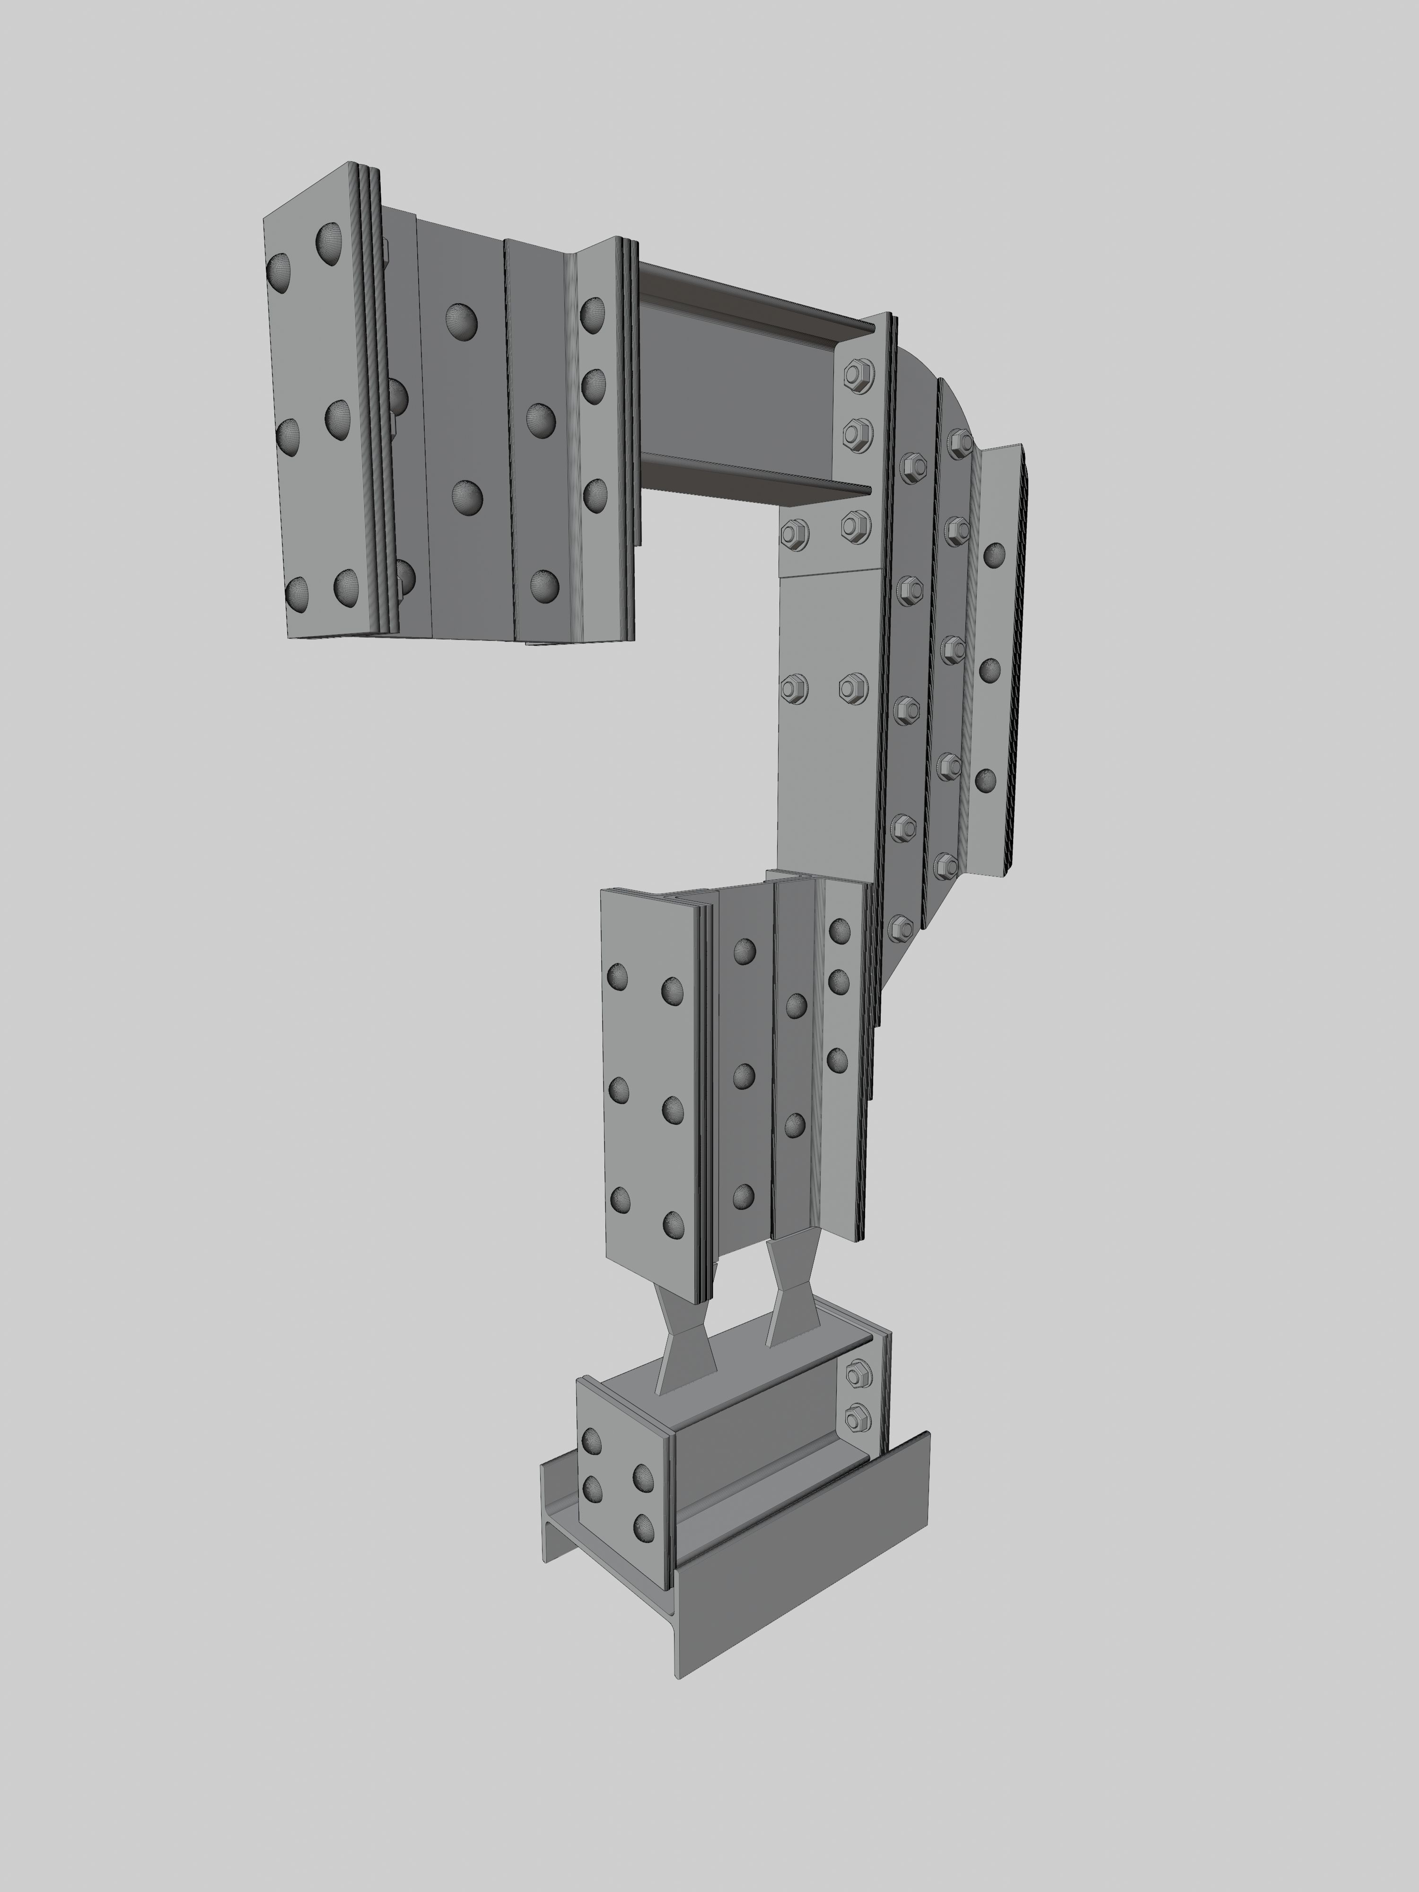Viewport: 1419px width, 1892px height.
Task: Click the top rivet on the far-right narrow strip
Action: [994, 556]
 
